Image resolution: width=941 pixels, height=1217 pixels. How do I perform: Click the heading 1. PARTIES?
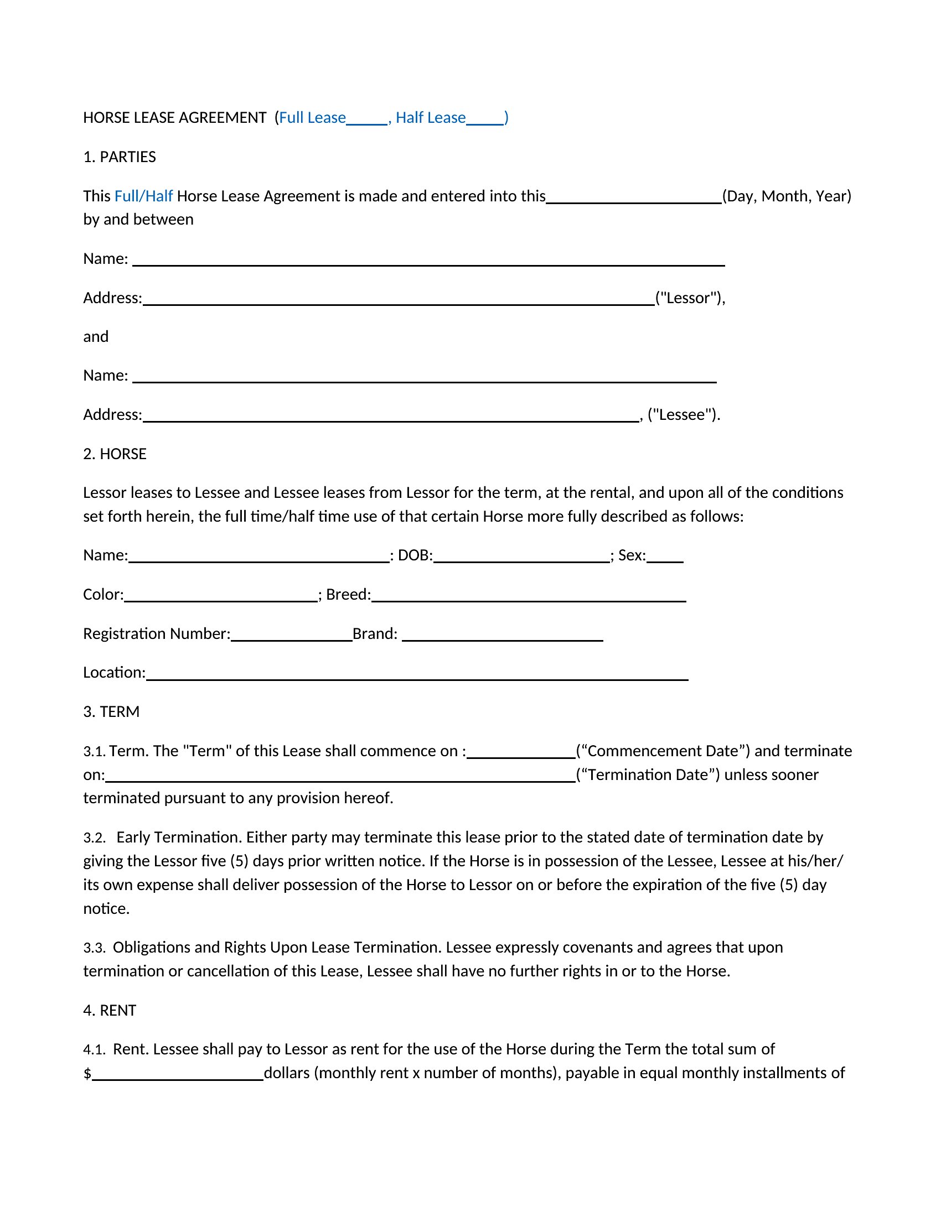[120, 157]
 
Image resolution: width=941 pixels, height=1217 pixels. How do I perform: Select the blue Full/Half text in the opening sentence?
[143, 196]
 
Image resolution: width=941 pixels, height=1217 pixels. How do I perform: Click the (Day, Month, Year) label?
[787, 196]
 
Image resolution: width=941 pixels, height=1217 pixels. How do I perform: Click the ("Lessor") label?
[690, 298]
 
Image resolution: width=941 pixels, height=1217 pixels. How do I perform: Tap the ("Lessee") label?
[684, 414]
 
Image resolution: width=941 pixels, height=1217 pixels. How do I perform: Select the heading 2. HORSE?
[115, 454]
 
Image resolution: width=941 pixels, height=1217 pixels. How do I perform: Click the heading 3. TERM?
[111, 711]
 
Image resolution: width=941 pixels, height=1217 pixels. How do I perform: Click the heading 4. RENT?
[110, 1010]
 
